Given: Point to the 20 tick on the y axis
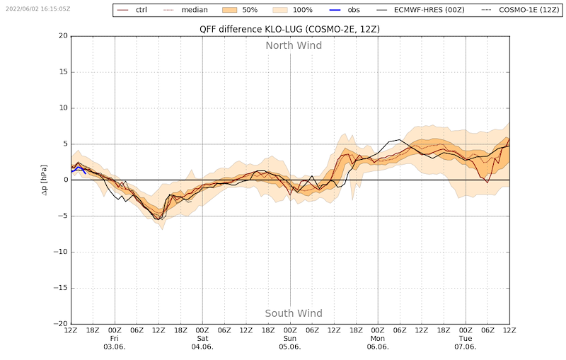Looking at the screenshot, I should [62, 36].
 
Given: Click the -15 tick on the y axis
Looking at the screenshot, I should [60, 288].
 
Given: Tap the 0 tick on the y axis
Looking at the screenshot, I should [64, 180].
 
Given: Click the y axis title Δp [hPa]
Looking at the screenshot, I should [44, 180].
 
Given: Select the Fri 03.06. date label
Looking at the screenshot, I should [115, 342].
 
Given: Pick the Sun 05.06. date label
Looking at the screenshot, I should [290, 342].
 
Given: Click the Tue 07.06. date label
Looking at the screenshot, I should [466, 342].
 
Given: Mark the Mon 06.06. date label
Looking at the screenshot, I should [378, 342].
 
